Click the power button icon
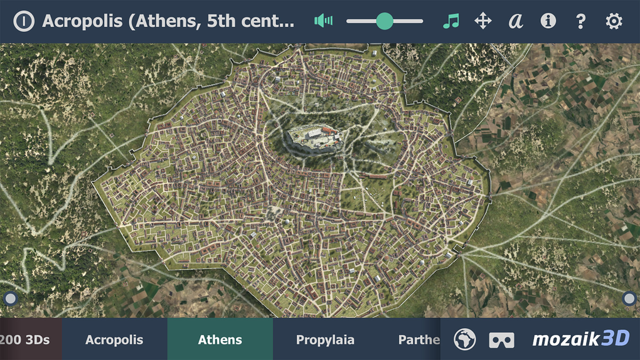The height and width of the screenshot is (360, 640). pyautogui.click(x=24, y=21)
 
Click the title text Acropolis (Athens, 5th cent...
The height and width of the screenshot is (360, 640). pyautogui.click(x=168, y=21)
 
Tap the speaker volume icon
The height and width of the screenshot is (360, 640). pyautogui.click(x=324, y=21)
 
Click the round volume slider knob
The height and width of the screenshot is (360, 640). pyautogui.click(x=385, y=21)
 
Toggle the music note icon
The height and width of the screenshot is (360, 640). pyautogui.click(x=451, y=21)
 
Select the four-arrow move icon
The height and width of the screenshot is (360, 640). pyautogui.click(x=483, y=21)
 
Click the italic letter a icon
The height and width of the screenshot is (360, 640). pyautogui.click(x=515, y=21)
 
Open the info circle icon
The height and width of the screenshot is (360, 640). pyautogui.click(x=548, y=21)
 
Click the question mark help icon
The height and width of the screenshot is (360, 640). pyautogui.click(x=581, y=21)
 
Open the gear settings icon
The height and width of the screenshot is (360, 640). pyautogui.click(x=614, y=21)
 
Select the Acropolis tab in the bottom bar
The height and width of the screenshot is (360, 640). pyautogui.click(x=114, y=340)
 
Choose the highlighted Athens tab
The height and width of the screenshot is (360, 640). pyautogui.click(x=220, y=340)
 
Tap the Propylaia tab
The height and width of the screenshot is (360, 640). pyautogui.click(x=325, y=340)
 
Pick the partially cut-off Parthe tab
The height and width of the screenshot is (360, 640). pyautogui.click(x=419, y=340)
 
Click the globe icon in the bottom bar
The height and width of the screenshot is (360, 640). pyautogui.click(x=465, y=339)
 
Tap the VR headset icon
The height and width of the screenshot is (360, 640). pyautogui.click(x=501, y=340)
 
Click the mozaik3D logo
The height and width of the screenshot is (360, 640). pyautogui.click(x=580, y=339)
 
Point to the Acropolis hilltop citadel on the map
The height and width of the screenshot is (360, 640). pyautogui.click(x=314, y=137)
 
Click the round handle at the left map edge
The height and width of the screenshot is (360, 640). pyautogui.click(x=10, y=299)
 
